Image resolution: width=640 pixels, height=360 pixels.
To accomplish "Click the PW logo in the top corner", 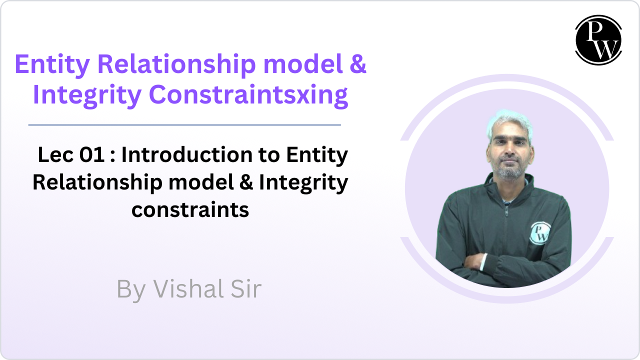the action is click(598, 40).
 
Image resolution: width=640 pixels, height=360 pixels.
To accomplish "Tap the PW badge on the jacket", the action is click(539, 233).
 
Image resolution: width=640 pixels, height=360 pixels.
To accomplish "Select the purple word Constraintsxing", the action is click(248, 95).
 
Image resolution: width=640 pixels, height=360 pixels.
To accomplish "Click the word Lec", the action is click(55, 155).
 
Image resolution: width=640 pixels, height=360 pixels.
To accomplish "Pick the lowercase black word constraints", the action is click(190, 210).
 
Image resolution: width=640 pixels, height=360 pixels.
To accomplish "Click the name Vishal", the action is click(188, 288).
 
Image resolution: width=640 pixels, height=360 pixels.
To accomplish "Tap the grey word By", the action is click(131, 290).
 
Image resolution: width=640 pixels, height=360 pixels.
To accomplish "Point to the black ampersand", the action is click(246, 182).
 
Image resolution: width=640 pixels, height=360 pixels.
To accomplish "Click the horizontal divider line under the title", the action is click(184, 125).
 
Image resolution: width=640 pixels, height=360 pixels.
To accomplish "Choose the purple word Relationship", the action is click(177, 65).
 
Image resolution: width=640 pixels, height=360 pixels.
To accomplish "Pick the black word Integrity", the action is click(303, 183).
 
